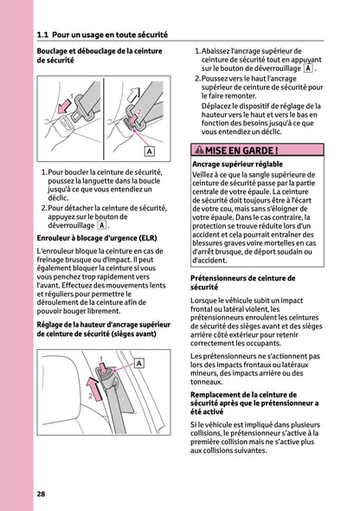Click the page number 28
tap(42, 494)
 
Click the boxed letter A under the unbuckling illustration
tap(149, 151)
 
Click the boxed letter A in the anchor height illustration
tap(138, 364)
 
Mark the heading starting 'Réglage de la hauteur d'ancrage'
tap(103, 330)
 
